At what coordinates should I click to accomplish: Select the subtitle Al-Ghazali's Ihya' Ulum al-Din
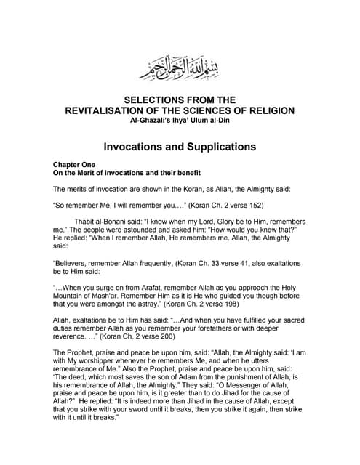click(x=180, y=120)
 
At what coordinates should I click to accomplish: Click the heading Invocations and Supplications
click(x=180, y=146)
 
